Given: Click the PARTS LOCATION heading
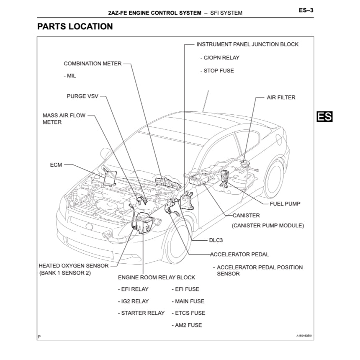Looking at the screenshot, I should pos(75,26).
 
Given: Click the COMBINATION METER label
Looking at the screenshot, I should pos(93,64).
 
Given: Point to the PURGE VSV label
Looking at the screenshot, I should pos(82,96).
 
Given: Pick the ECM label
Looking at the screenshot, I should pos(56,165).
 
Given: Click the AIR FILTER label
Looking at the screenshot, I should pos(281,98).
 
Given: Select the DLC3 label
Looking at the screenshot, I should pos(217,241).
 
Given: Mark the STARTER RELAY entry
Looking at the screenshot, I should pos(142,313).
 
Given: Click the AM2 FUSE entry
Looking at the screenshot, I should pos(188,325).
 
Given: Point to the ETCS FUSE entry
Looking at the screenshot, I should pos(190,313).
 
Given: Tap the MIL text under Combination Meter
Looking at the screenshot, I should pos(71,76).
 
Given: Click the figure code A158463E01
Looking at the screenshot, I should pos(304,336).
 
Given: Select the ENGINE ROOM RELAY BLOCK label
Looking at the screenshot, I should pos(156,277).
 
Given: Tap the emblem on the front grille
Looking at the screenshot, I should pos(89,226).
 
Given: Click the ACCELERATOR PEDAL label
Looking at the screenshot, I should pos(239,254).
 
